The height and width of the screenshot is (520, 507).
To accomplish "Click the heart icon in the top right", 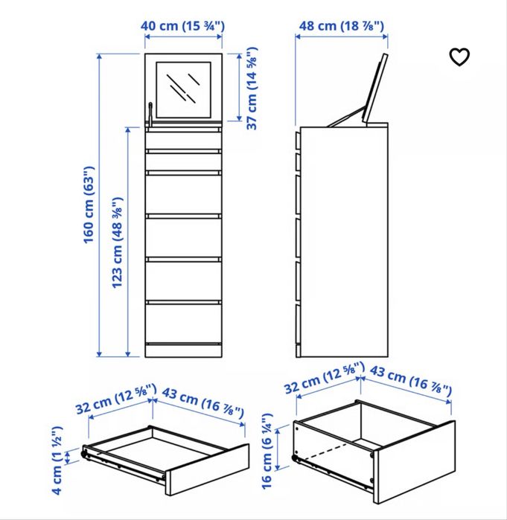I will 460,57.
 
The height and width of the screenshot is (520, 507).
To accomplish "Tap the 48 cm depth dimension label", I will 341,27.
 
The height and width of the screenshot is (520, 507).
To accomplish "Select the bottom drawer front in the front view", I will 183,324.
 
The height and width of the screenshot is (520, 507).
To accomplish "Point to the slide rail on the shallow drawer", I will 123,460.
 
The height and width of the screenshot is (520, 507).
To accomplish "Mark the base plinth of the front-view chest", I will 183,350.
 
